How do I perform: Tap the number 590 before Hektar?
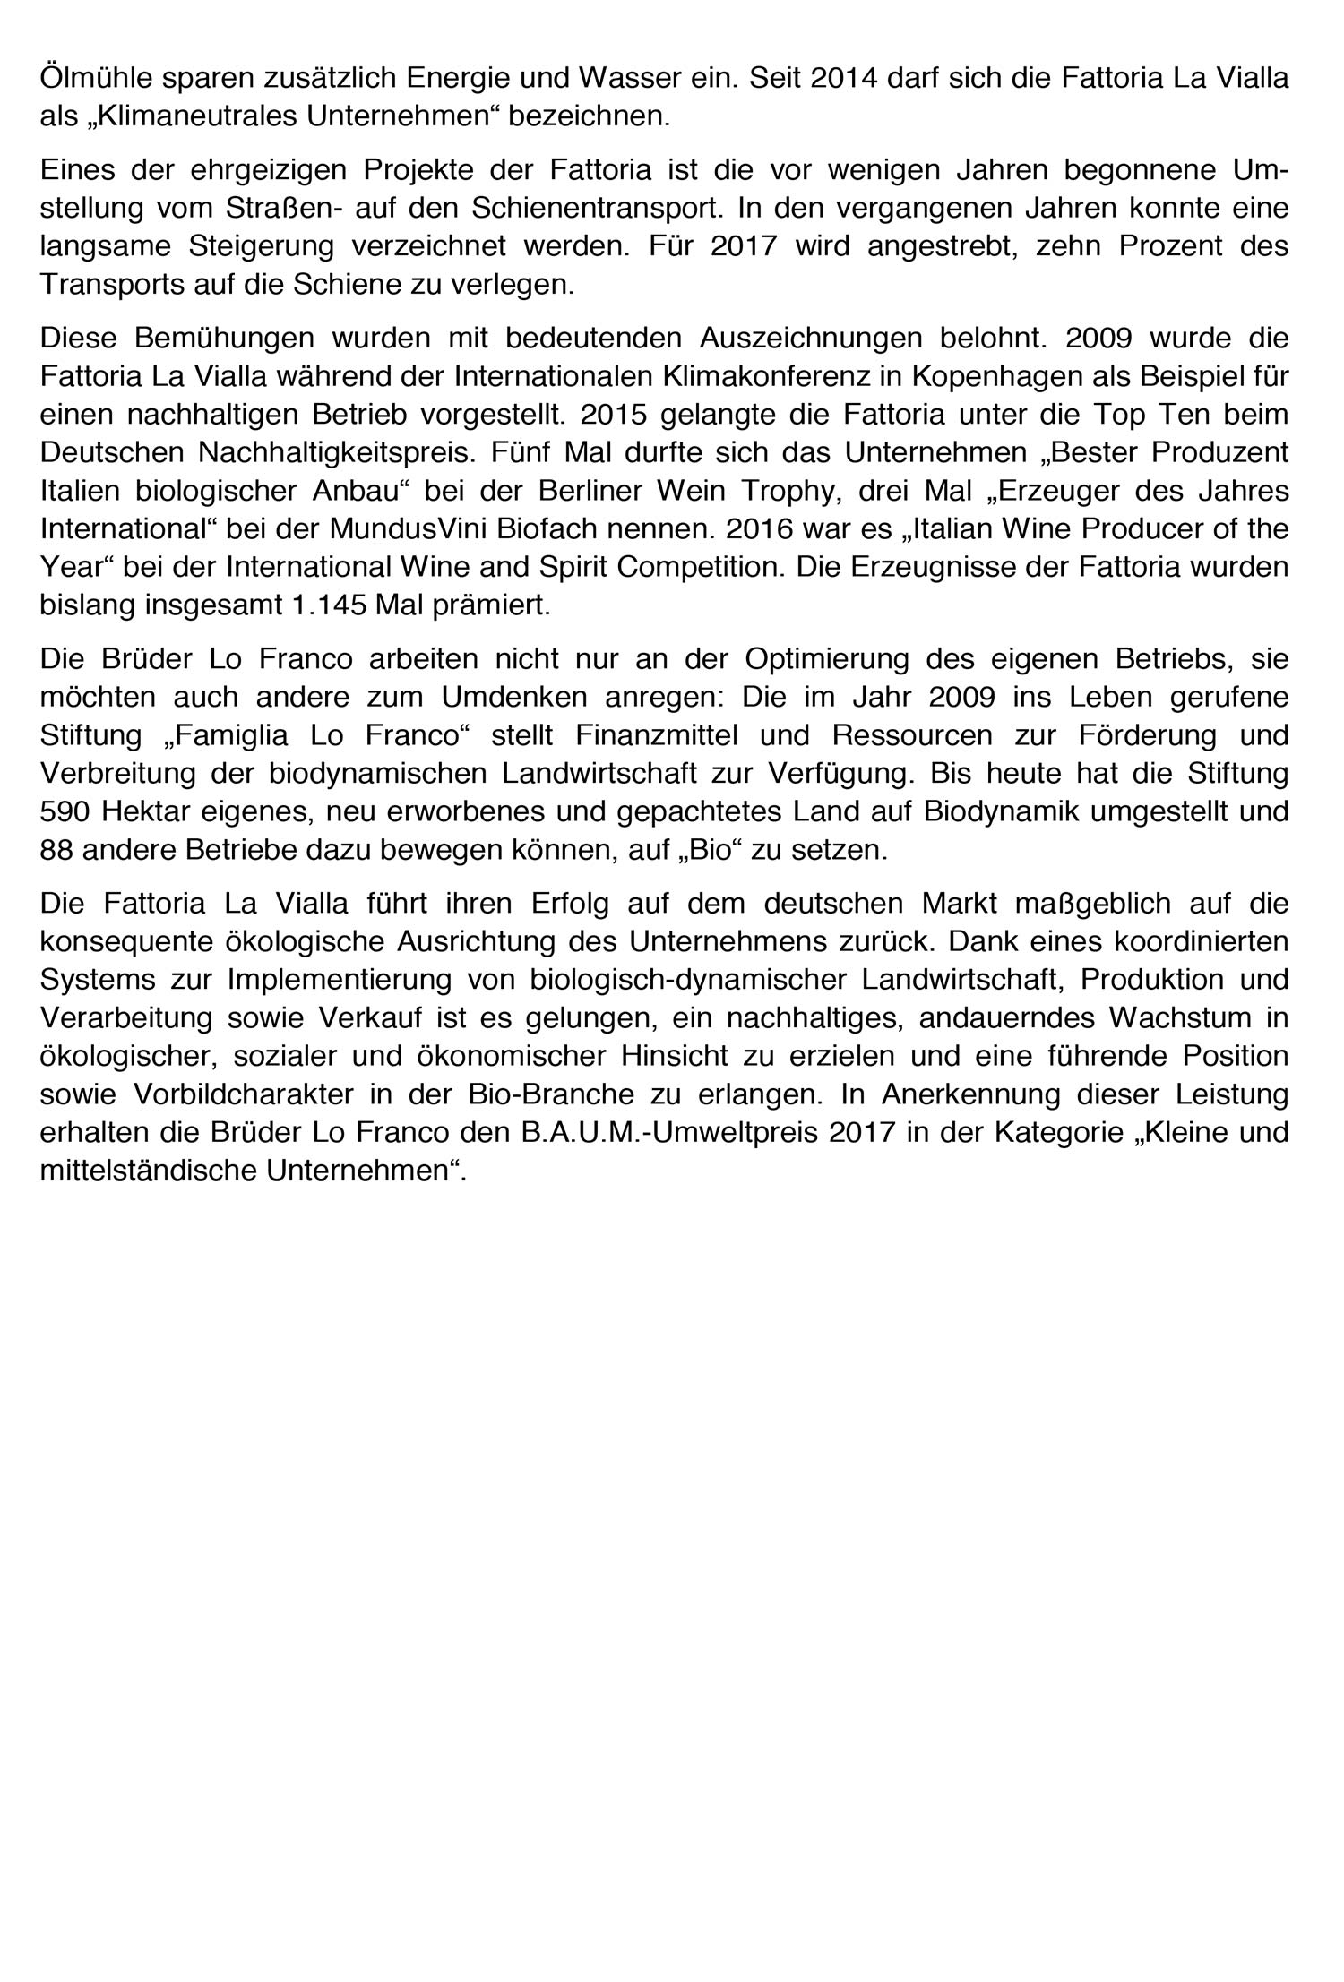coord(65,812)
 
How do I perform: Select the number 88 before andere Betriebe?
coord(56,850)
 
